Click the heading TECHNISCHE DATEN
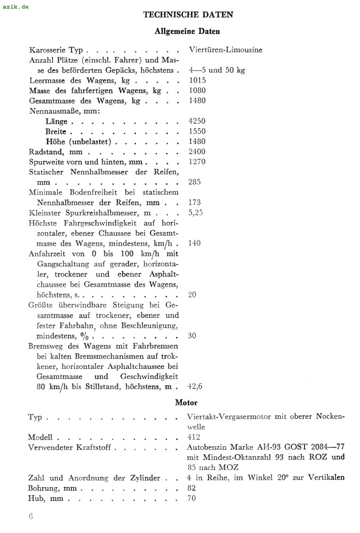(188, 15)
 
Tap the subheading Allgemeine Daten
(187, 31)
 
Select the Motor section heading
(186, 402)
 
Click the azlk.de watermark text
(15, 6)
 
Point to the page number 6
(31, 516)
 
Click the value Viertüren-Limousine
(226, 50)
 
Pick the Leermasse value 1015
(197, 80)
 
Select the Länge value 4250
(197, 121)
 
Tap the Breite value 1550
(197, 131)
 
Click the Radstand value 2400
(197, 151)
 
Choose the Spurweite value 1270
(197, 161)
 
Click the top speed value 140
(195, 243)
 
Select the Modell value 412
(194, 437)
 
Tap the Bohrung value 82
(192, 488)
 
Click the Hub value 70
(192, 498)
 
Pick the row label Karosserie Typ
(56, 50)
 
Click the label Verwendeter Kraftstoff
(69, 447)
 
